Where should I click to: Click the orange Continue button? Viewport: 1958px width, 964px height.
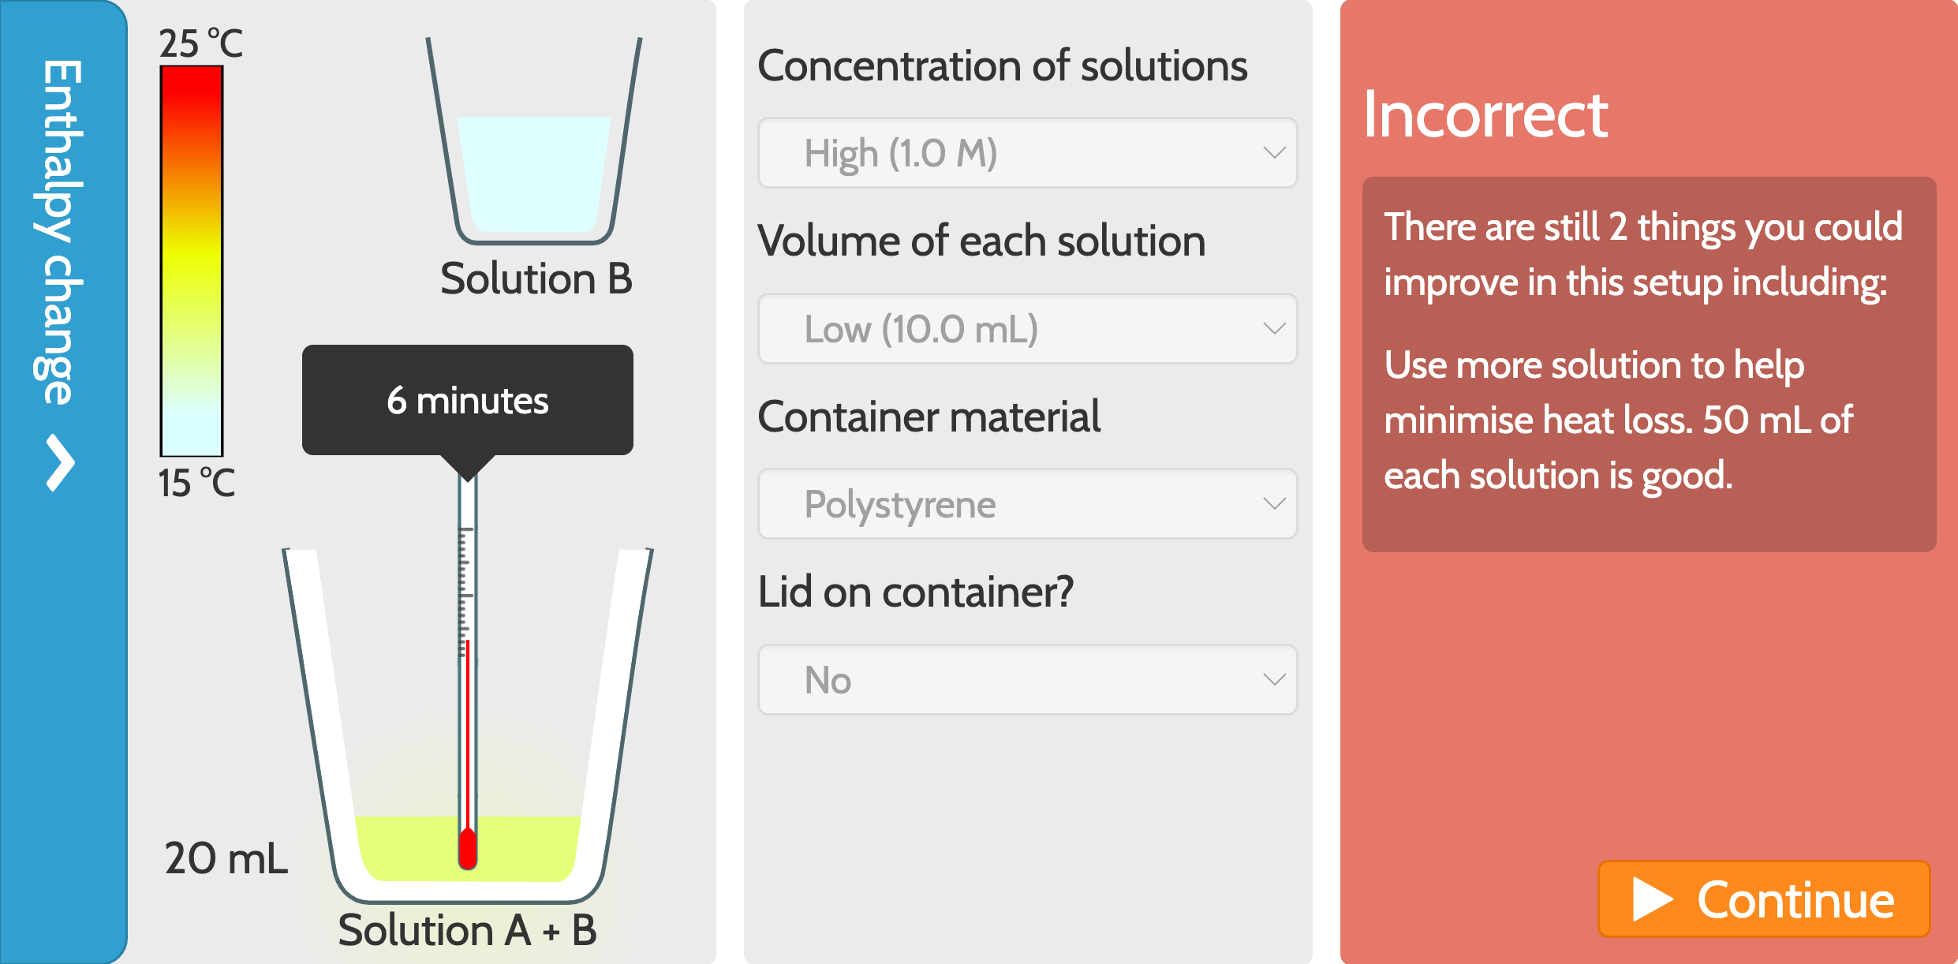tap(1764, 899)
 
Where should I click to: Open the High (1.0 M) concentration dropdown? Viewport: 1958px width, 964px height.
tap(1027, 153)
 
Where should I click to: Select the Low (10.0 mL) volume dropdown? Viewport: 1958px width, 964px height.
tap(1027, 329)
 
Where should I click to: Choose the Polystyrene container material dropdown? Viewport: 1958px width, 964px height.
tap(1027, 504)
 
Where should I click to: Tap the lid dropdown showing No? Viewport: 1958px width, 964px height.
tap(1027, 680)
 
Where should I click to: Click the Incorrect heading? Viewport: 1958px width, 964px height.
tap(1485, 115)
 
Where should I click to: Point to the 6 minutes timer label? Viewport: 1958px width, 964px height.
tap(467, 401)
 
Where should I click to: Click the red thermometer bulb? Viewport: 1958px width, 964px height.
tap(468, 848)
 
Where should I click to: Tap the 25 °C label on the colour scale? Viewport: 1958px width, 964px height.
tap(200, 43)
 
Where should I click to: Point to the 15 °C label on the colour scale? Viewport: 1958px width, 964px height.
tap(196, 483)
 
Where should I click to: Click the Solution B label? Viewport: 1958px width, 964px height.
tap(536, 279)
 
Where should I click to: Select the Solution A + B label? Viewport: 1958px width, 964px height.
tap(467, 930)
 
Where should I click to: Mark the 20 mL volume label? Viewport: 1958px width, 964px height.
tap(226, 858)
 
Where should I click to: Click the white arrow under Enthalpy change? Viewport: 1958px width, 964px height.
tap(60, 463)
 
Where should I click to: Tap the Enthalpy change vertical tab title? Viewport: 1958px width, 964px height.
tap(58, 232)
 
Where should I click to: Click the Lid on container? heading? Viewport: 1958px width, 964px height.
tap(915, 592)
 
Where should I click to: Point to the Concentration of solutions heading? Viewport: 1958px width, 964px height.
tap(1002, 65)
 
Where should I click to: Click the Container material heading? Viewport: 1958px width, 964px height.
tap(929, 417)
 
